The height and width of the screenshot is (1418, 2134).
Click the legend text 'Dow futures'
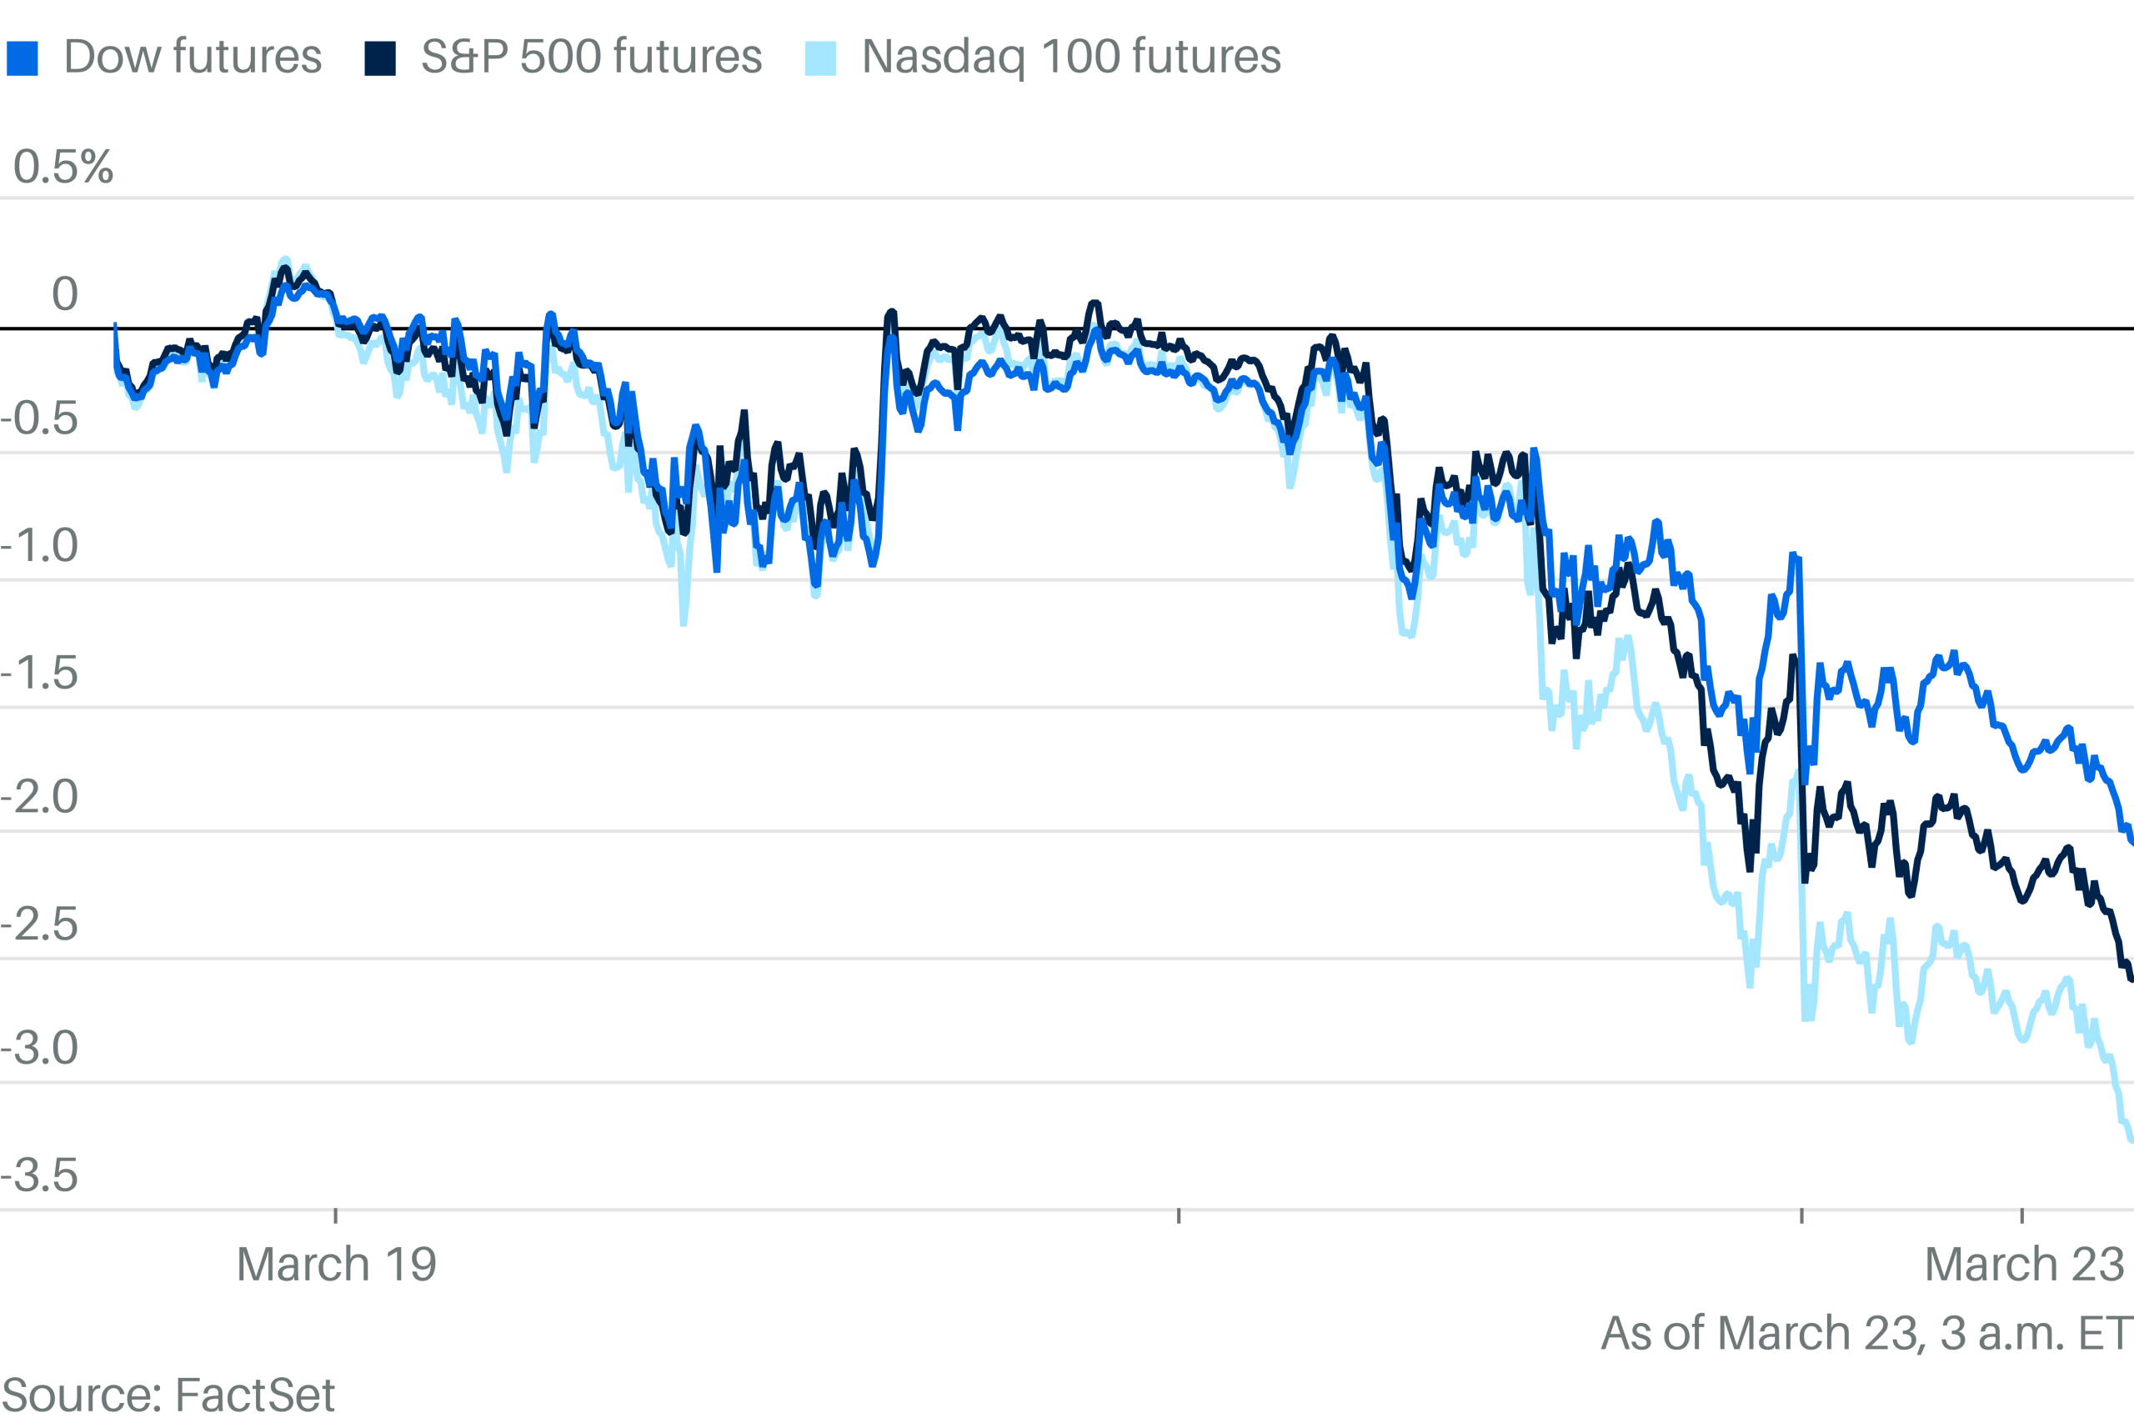click(x=193, y=57)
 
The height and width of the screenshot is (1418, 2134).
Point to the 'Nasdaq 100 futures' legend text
click(x=1070, y=57)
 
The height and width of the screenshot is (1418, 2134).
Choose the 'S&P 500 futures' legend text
click(x=591, y=57)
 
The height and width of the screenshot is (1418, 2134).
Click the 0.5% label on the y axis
click(x=63, y=168)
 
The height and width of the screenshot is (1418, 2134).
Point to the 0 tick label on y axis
click(x=64, y=294)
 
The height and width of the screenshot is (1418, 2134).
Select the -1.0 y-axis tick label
click(x=40, y=545)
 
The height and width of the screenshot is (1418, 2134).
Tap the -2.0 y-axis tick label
click(x=40, y=797)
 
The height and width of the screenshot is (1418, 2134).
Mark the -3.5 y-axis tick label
click(x=40, y=1175)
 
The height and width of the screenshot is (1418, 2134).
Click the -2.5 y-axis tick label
click(x=40, y=924)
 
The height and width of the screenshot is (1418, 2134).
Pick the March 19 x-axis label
click(x=337, y=1263)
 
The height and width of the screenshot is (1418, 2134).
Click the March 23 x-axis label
click(x=2024, y=1263)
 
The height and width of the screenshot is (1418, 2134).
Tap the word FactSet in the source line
click(x=255, y=1395)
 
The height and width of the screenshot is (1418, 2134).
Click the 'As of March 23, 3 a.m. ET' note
click(x=1866, y=1333)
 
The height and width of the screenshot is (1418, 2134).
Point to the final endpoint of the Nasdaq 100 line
click(x=2131, y=1140)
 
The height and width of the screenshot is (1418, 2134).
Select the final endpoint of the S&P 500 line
click(x=2131, y=979)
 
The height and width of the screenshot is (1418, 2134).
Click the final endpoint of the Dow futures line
click(x=2131, y=842)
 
